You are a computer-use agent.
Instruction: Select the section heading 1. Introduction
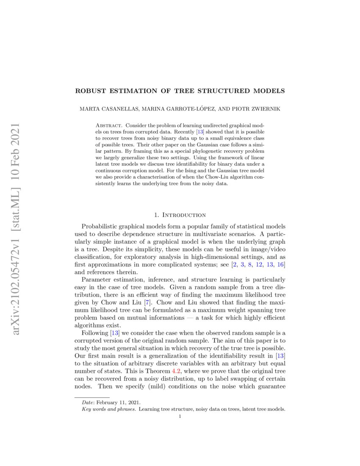[x=180, y=215]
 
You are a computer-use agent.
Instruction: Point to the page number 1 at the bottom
[x=180, y=416]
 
